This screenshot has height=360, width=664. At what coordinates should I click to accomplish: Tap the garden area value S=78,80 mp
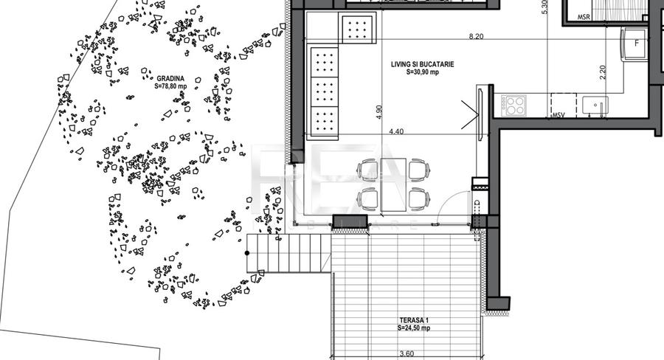tap(170, 86)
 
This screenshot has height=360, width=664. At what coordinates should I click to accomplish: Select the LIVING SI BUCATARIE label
tap(422, 65)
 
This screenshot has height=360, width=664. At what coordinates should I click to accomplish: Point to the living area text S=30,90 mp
tap(423, 73)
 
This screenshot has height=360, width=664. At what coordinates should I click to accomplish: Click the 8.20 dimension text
tap(477, 35)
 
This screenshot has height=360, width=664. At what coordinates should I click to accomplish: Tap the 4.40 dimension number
tap(397, 131)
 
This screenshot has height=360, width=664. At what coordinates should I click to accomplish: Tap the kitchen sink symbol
tap(595, 106)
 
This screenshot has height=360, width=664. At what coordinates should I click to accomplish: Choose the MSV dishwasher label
tap(558, 115)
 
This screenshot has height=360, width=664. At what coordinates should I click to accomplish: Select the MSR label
tap(584, 16)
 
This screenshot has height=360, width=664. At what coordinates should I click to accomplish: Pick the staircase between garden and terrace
tap(288, 253)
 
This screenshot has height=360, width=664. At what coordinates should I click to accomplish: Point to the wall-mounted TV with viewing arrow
tap(480, 113)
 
